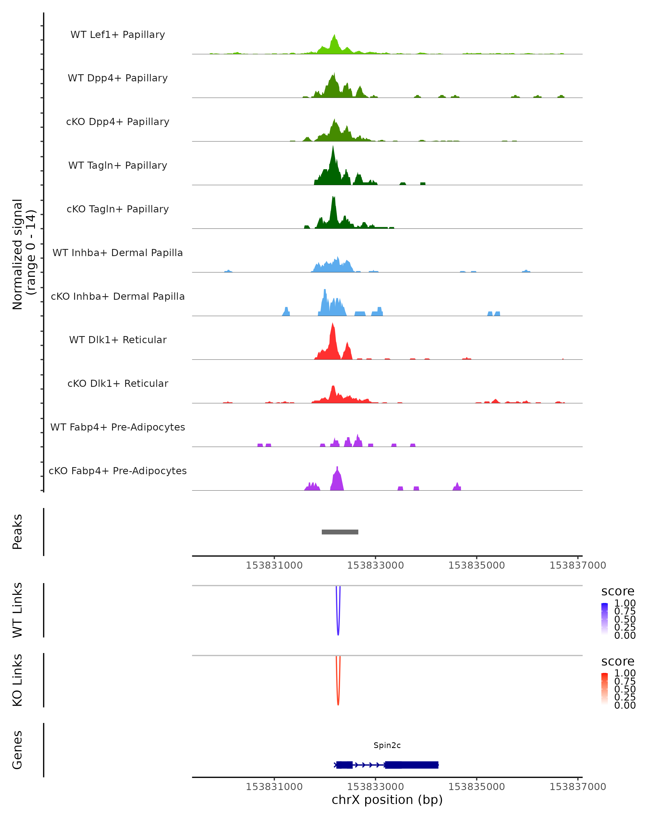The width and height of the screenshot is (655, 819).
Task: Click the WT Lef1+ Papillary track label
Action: coord(118,35)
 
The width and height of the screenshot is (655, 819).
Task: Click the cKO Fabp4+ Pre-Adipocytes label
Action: coord(118,471)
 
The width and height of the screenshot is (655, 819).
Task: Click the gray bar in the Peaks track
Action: coord(340,532)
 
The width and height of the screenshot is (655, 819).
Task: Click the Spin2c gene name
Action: coord(387,745)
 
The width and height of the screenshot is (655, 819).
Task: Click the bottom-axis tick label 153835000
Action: coord(477,787)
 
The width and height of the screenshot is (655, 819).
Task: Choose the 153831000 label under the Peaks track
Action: coord(274,565)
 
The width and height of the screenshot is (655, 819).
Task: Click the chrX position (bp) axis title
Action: coord(387,800)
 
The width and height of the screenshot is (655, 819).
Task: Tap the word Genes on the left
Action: coord(17,750)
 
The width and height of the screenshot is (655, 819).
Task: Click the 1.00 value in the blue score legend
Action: coord(625,603)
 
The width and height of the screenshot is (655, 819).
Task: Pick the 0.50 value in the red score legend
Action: coord(625,689)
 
